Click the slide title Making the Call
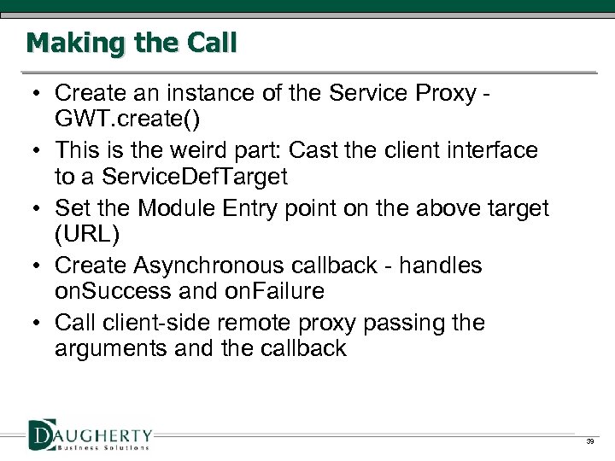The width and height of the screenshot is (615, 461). pos(132,43)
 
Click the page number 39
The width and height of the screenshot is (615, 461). pos(589,441)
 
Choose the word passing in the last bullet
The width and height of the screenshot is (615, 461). pos(405,323)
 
